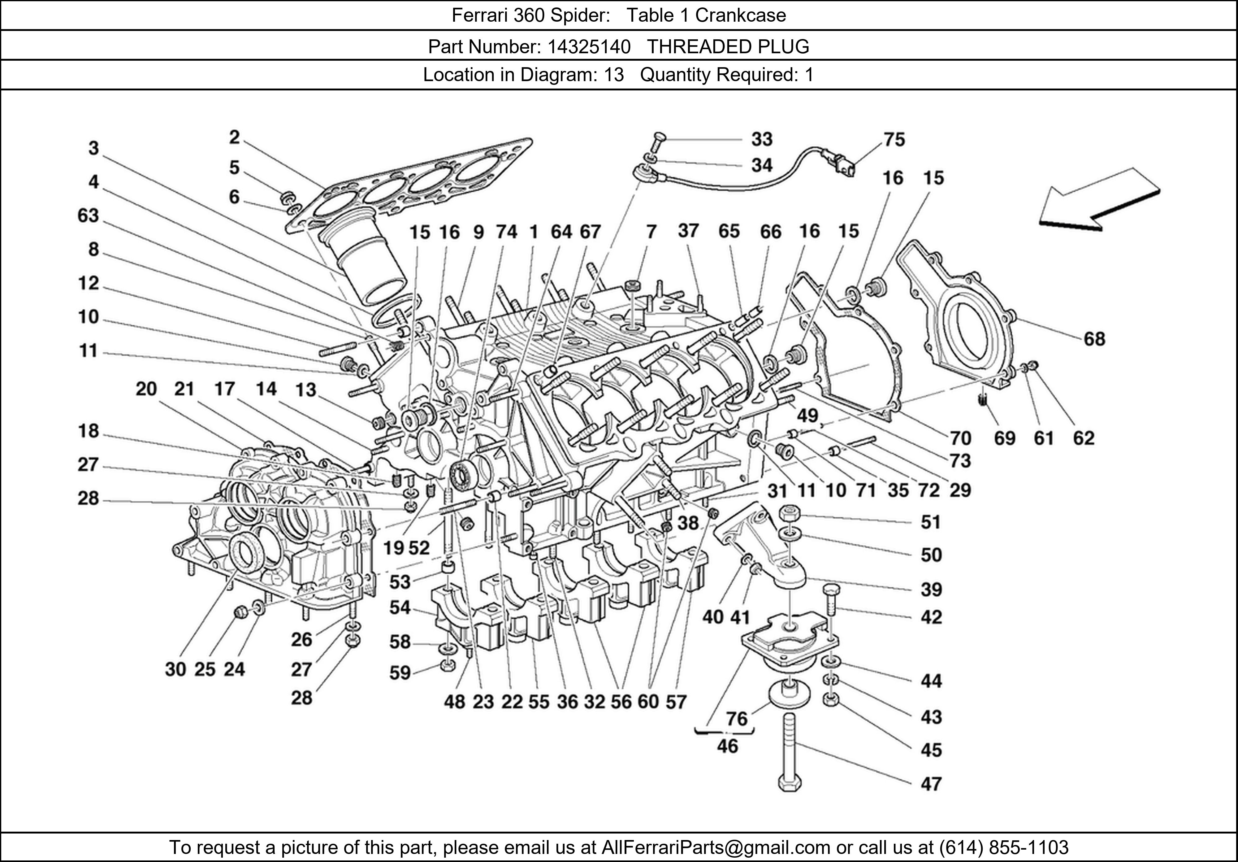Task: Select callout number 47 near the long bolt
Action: [x=931, y=783]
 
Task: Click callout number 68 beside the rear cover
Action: [x=1094, y=339]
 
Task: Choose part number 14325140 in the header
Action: [x=589, y=47]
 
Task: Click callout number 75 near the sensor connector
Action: [x=894, y=140]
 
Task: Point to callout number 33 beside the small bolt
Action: [x=762, y=139]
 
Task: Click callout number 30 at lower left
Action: [x=175, y=669]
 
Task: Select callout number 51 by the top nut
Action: [x=931, y=522]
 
